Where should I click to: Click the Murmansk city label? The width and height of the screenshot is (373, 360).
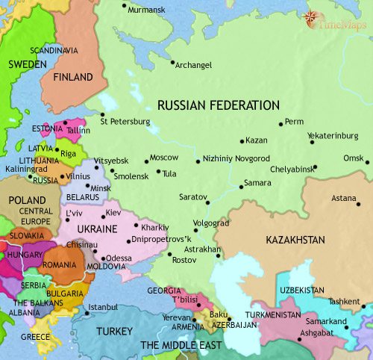147,11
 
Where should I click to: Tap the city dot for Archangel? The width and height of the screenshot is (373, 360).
172,63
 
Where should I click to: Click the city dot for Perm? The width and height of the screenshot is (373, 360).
280,123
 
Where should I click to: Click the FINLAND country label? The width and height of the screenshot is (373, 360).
73,78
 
